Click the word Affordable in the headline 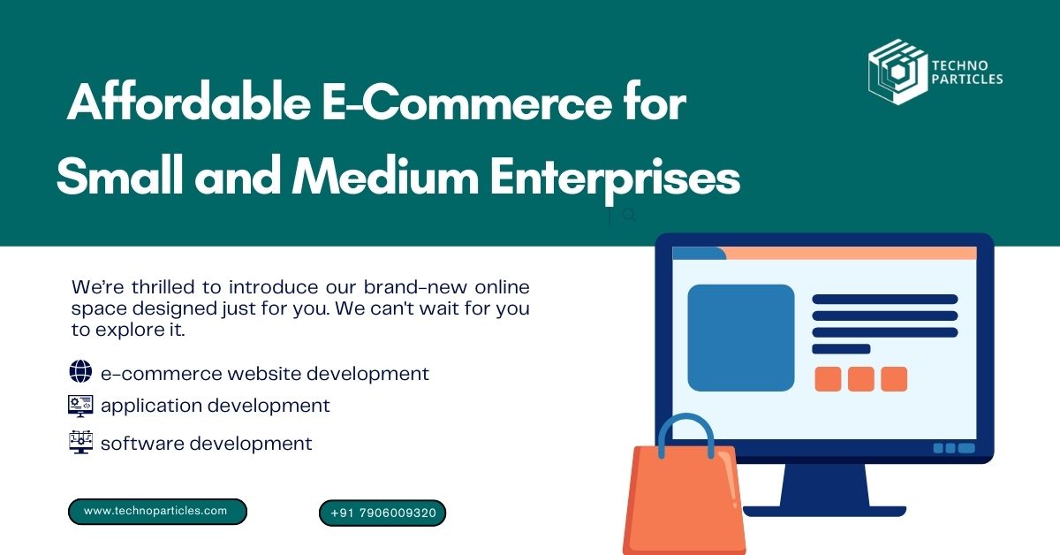(x=189, y=102)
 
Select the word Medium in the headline (x=385, y=176)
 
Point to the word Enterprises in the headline (x=615, y=180)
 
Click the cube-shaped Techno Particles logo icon (x=897, y=72)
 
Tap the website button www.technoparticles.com (x=157, y=512)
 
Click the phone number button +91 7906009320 (x=382, y=513)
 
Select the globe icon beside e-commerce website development (x=80, y=371)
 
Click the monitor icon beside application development (x=80, y=407)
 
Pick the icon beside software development (x=80, y=442)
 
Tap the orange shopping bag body (x=684, y=502)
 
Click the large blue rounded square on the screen (x=741, y=338)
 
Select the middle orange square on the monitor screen (x=860, y=379)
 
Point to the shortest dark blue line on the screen (x=841, y=349)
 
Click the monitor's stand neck (x=825, y=484)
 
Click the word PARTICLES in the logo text (x=967, y=79)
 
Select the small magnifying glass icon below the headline (x=629, y=215)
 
